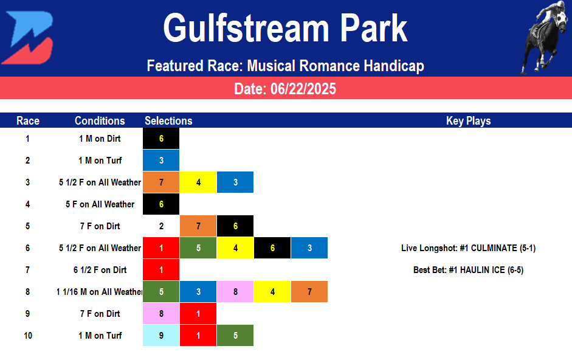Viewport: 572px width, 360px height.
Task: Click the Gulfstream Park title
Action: coord(285,28)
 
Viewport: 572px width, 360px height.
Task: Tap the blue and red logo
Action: coord(27,38)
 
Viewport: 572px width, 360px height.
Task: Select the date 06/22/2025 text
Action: coord(285,89)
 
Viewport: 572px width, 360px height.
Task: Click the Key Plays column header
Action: coord(468,120)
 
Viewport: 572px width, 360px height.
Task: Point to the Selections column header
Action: coord(168,120)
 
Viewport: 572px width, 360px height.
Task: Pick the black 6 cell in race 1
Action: coord(161,139)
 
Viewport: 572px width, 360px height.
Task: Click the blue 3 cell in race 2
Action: coord(161,161)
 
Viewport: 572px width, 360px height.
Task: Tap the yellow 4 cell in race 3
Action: coord(198,182)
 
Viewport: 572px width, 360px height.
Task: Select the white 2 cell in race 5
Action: coord(161,226)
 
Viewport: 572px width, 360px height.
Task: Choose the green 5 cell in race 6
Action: coord(198,248)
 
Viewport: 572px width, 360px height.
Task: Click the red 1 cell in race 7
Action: coord(161,270)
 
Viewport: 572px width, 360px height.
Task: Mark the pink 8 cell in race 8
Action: coord(235,292)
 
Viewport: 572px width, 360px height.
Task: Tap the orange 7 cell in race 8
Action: coord(309,292)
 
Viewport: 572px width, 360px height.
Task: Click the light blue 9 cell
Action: coord(161,336)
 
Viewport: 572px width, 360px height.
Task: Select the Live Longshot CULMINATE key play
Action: coord(468,248)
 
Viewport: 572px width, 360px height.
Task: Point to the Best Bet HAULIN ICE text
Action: coord(468,270)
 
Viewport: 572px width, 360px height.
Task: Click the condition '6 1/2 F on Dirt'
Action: coord(100,270)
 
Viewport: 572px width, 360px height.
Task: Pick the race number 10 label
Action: coord(28,336)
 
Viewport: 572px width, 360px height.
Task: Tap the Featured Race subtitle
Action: coord(285,66)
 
